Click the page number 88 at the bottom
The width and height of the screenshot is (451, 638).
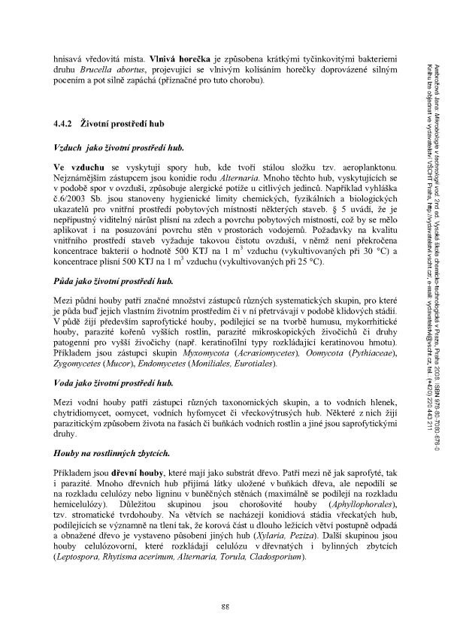click(x=225, y=606)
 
